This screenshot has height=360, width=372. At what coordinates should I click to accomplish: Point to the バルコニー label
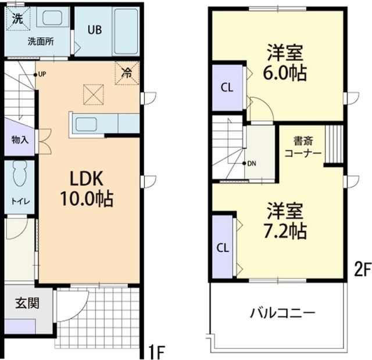point(282,314)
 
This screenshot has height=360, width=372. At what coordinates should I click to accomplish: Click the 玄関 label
point(27,303)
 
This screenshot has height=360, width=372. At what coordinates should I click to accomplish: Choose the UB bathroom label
point(94,31)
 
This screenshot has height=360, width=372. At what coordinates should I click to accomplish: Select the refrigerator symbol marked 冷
point(127,73)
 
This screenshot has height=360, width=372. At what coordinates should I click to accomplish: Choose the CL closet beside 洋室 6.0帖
point(227,88)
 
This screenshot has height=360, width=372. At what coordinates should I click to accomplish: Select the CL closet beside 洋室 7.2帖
point(223,247)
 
